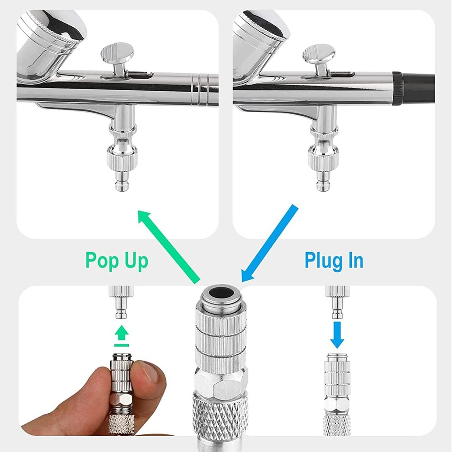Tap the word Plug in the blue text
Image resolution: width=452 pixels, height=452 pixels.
pos(321,261)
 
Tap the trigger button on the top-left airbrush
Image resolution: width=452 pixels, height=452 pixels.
pos(117,52)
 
